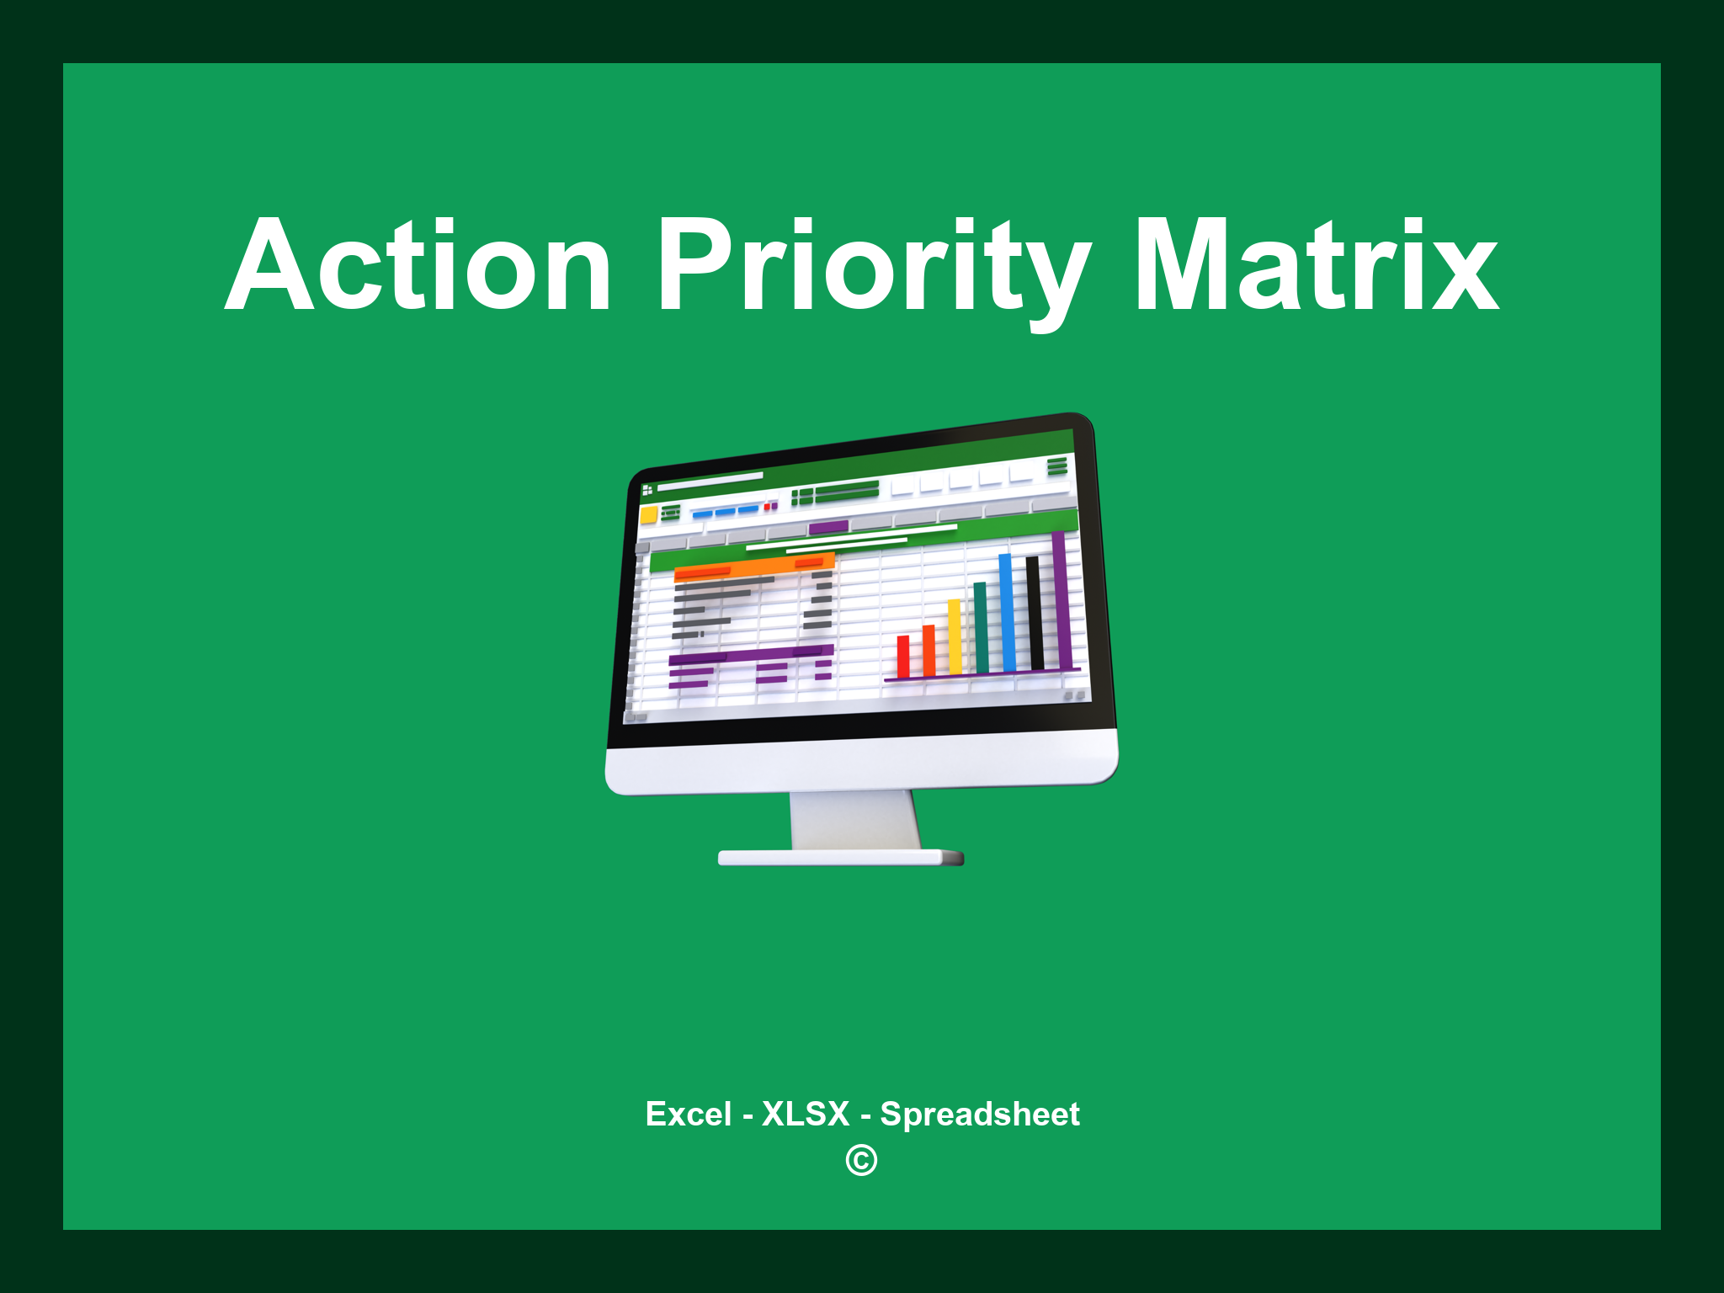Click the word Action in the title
coord(418,266)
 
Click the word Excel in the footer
coord(689,1114)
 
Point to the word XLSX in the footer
coord(806,1114)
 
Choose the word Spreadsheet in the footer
coord(980,1115)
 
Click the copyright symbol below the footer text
coord(861,1160)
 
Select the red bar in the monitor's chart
coord(903,657)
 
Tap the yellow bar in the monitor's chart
coord(955,636)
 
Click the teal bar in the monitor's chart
coord(981,627)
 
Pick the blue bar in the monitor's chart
coord(1007,612)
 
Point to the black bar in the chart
coord(1035,613)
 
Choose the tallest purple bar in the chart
coord(1062,600)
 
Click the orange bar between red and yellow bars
coord(929,651)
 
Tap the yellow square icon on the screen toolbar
coord(649,514)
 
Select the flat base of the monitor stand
coord(840,858)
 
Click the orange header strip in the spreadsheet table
coord(754,567)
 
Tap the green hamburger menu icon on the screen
coord(1057,466)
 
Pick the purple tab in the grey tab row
coord(828,528)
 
